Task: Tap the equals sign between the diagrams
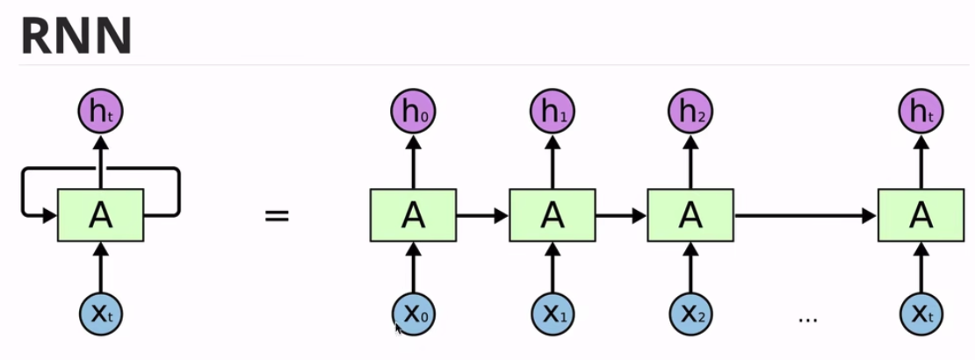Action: [277, 215]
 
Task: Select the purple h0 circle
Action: [414, 112]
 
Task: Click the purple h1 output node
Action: [552, 112]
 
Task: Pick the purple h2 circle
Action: [690, 112]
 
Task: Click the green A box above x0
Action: [414, 215]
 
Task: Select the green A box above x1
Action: [552, 215]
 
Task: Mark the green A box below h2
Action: [690, 215]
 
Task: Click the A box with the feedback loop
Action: [100, 215]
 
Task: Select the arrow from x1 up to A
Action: [552, 266]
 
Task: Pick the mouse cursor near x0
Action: [398, 328]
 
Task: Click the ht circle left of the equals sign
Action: [100, 112]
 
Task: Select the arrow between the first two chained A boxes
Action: [482, 215]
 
